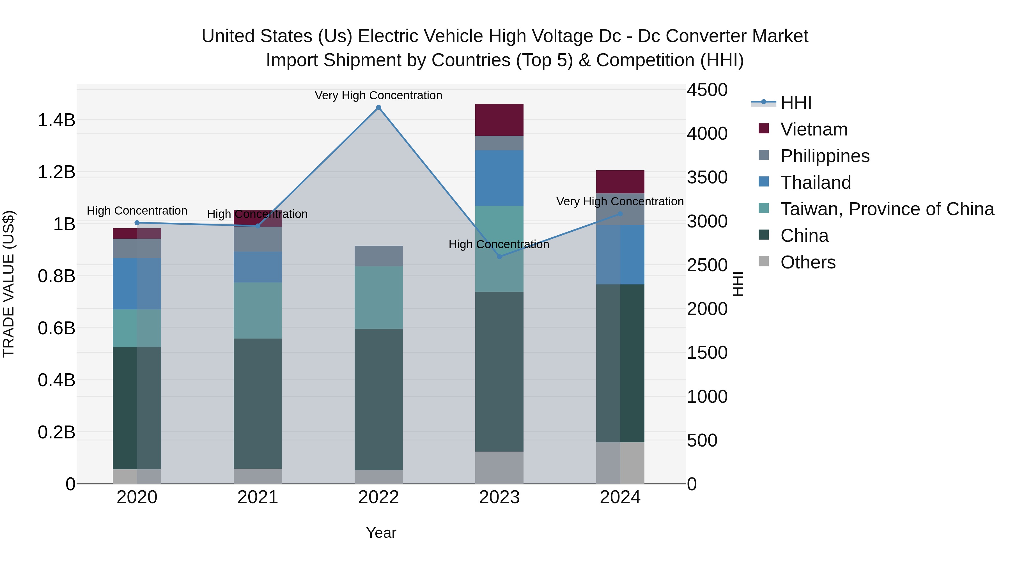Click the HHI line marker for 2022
point(378,107)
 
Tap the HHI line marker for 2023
point(499,257)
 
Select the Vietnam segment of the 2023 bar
point(499,120)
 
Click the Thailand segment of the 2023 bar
point(499,178)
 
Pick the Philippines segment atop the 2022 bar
point(378,256)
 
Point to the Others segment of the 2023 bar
point(499,467)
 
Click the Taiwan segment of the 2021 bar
point(258,311)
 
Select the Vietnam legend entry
point(814,129)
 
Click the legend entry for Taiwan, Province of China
point(887,209)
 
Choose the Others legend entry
point(808,262)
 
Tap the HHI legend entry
point(796,103)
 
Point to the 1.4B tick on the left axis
point(56,120)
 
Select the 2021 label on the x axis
point(258,497)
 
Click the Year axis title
point(381,533)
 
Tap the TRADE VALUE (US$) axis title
point(9,284)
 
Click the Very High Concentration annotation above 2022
point(378,95)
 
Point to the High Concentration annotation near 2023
point(499,244)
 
